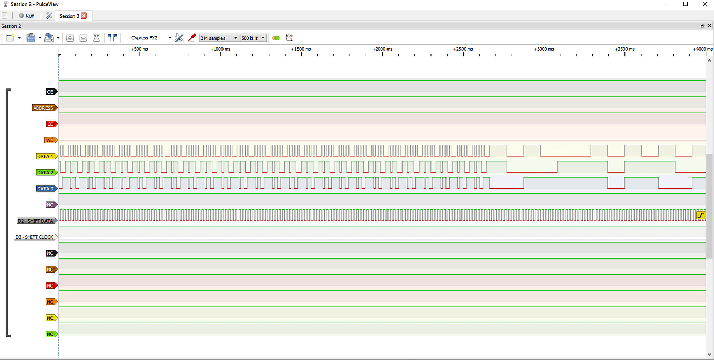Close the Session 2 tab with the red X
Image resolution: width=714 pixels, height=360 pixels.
pyautogui.click(x=84, y=16)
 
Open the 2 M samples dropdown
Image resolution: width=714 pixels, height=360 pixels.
pyautogui.click(x=219, y=38)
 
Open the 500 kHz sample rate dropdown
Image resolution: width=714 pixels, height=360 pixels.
pyautogui.click(x=253, y=38)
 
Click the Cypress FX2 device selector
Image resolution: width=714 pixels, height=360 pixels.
pyautogui.click(x=151, y=38)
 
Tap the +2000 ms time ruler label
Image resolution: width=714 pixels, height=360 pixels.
pyautogui.click(x=382, y=49)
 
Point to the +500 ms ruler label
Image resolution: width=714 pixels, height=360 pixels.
pyautogui.click(x=139, y=49)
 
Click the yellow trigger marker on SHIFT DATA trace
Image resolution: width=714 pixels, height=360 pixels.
pyautogui.click(x=701, y=215)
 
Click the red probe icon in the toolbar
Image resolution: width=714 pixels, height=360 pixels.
pyautogui.click(x=192, y=38)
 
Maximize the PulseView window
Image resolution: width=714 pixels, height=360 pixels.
pyautogui.click(x=686, y=4)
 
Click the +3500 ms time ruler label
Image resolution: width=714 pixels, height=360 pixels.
pyautogui.click(x=624, y=49)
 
